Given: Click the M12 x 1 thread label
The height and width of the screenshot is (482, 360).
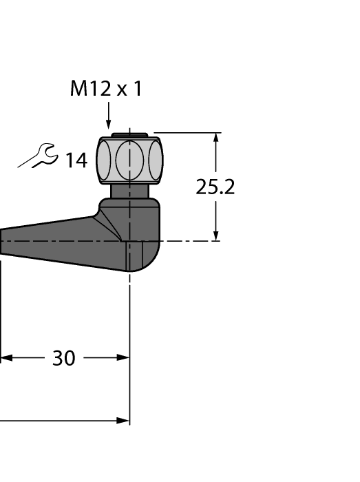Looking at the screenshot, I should click(x=106, y=89).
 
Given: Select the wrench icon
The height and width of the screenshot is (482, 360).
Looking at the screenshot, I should click(x=39, y=156).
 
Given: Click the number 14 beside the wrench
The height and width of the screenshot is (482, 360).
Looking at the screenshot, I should click(x=76, y=160).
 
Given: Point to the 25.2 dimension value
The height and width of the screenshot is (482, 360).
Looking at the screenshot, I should click(x=215, y=187).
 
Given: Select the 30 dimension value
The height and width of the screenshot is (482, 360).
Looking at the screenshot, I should click(x=64, y=358).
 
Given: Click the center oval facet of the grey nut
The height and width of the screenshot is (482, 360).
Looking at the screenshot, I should click(x=130, y=160).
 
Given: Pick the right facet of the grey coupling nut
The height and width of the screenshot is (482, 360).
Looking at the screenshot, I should click(x=156, y=160).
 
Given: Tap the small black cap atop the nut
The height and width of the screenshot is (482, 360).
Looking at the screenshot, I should click(x=130, y=135).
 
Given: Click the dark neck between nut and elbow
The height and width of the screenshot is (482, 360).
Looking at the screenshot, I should click(x=130, y=191).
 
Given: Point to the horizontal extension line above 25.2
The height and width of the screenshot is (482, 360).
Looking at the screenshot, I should click(x=186, y=132).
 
